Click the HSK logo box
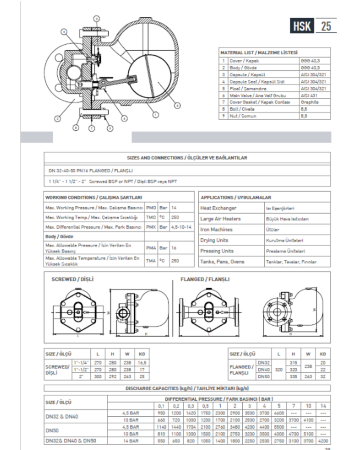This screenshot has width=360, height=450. pos(302,26)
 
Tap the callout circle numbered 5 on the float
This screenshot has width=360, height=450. pos(177,105)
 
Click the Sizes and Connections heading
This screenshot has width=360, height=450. pos(187,158)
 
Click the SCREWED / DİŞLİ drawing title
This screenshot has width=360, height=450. pos(72,279)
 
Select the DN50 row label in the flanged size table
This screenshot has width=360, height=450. pos(264,376)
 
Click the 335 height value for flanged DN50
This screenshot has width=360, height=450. pos(293,376)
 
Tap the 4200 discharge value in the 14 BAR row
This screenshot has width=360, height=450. pos(322,441)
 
